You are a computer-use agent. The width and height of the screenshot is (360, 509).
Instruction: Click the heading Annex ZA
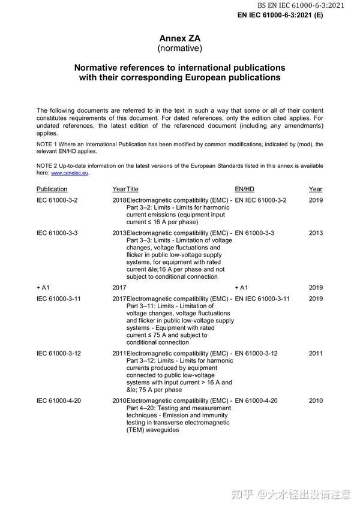pos(179,38)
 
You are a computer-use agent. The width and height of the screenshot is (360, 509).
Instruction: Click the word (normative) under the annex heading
pos(179,48)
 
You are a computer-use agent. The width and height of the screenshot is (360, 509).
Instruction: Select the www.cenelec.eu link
pos(70,173)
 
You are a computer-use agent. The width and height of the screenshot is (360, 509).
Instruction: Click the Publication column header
pos(52,189)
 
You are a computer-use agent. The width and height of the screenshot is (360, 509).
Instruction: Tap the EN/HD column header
pos(244,189)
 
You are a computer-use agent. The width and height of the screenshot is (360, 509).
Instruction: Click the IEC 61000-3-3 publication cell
pos(57,233)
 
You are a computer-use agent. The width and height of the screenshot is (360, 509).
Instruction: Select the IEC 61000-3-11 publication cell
pos(59,299)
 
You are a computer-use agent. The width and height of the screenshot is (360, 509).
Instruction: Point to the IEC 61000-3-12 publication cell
pos(59,353)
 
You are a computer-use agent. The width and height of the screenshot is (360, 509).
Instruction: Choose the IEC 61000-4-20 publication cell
pos(59,400)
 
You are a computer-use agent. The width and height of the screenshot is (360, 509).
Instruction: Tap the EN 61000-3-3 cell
pos(254,233)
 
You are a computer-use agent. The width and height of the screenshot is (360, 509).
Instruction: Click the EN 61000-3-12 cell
pos(256,353)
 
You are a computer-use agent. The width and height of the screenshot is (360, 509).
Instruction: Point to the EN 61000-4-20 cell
pos(256,400)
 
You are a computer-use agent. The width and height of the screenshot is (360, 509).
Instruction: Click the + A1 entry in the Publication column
pos(43,288)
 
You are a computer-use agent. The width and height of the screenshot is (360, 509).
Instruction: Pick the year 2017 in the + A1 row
pos(119,288)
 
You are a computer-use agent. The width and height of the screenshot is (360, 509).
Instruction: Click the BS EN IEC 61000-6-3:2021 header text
pos(309,5)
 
